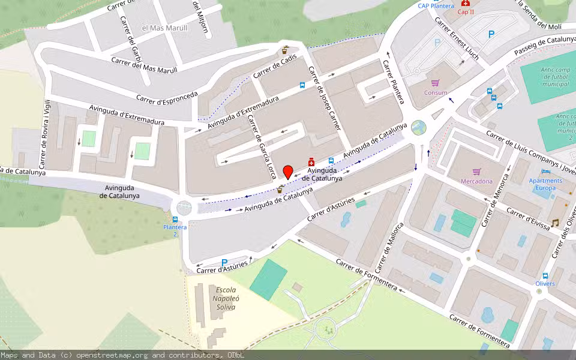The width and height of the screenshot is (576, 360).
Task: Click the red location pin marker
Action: point(288,172)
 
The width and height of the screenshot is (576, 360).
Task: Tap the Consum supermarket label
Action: point(436,93)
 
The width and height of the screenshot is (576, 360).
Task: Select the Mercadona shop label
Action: point(476,181)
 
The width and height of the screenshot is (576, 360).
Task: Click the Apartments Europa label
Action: point(545,184)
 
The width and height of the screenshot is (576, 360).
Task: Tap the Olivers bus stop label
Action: point(545,284)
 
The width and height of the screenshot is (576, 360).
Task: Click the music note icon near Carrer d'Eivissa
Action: point(555,223)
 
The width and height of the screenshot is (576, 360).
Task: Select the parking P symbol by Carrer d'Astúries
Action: point(224,262)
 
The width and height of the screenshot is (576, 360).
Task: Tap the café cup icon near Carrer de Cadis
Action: point(286,50)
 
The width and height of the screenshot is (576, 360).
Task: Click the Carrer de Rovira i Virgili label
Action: point(44,134)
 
